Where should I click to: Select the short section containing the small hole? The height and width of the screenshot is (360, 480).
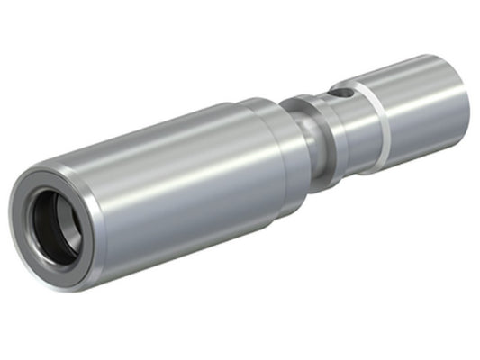point(347,112)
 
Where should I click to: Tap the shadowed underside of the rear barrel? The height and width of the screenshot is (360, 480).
point(423,135)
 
